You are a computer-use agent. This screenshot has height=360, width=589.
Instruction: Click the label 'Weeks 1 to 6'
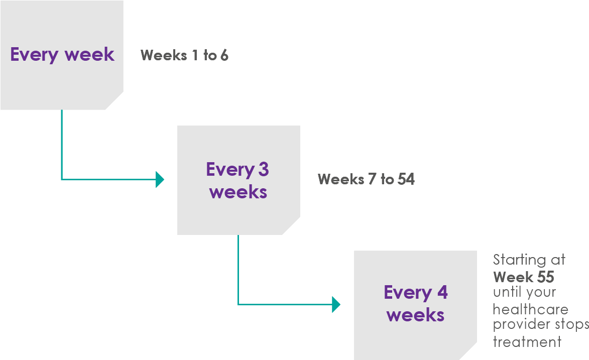click(x=184, y=55)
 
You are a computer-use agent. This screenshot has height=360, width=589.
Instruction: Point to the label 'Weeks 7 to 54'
click(x=366, y=179)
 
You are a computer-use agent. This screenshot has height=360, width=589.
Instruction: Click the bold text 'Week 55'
click(x=524, y=277)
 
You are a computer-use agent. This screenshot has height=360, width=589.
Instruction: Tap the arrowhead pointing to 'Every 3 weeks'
click(x=160, y=179)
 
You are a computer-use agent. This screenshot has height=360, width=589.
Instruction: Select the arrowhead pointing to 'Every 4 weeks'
click(x=336, y=304)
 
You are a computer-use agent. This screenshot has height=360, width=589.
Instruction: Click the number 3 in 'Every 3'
click(x=263, y=170)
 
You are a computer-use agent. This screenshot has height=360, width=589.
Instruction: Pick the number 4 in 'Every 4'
click(x=442, y=293)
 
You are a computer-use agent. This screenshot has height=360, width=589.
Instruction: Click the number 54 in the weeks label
click(x=406, y=179)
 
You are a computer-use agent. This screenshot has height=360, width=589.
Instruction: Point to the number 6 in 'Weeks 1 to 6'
click(x=224, y=55)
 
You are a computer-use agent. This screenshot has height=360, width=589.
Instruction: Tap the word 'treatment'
click(x=527, y=342)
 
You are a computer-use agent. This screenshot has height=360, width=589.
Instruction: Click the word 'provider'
click(x=520, y=325)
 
